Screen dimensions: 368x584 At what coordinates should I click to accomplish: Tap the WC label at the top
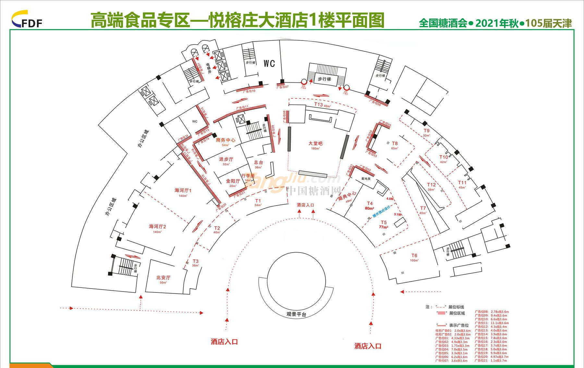(x=269, y=63)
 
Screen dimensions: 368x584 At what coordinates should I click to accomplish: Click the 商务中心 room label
(x=225, y=140)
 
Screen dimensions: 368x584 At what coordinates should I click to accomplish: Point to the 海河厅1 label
(x=183, y=190)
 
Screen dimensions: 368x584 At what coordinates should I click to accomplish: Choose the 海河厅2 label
(x=157, y=226)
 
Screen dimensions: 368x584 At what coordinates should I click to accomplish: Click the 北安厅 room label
(x=163, y=278)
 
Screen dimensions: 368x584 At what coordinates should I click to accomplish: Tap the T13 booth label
(x=319, y=105)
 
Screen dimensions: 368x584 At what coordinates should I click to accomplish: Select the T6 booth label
(x=414, y=255)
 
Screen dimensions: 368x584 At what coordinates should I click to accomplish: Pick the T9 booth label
(x=427, y=131)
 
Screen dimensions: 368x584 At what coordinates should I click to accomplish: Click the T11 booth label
(x=462, y=183)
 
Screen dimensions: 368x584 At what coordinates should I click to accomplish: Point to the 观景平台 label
(x=296, y=314)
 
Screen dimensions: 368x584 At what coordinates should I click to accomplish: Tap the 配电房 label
(x=366, y=179)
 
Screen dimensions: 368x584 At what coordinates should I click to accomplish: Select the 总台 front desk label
(x=258, y=162)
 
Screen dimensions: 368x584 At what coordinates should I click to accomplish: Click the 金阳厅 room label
(x=233, y=181)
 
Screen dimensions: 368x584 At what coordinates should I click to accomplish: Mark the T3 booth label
(x=195, y=261)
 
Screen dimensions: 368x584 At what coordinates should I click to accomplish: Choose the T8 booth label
(x=395, y=143)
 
